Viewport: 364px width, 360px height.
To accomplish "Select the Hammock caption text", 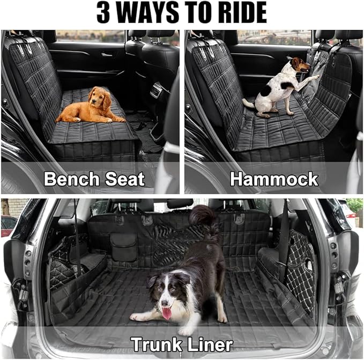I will coord(274,179).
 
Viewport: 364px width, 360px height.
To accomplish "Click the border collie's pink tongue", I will coord(167,313).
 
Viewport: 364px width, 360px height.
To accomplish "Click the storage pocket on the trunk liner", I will coord(123,247).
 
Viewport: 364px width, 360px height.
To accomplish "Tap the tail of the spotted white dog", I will coord(247,101).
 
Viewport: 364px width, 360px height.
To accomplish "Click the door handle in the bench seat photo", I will coord(107,54).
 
